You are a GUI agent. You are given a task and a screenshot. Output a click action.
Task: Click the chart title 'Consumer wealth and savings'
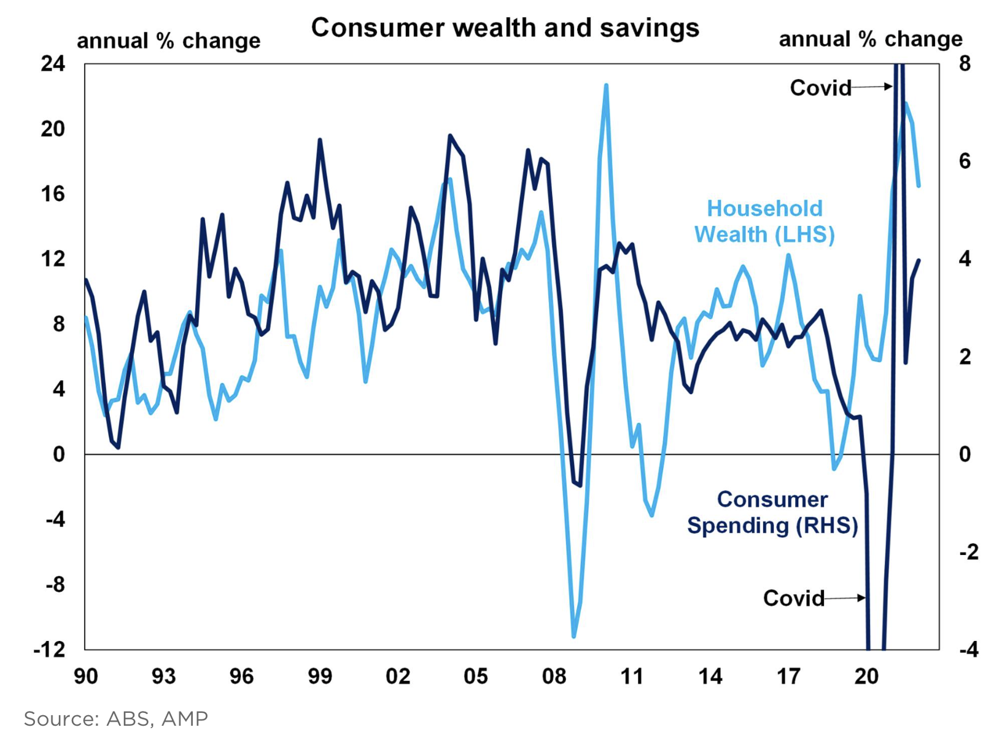(505, 28)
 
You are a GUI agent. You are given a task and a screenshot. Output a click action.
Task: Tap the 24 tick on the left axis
(53, 63)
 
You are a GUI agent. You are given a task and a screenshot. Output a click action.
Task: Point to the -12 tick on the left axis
(49, 649)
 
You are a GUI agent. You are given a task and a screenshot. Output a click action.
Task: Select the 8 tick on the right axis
(965, 63)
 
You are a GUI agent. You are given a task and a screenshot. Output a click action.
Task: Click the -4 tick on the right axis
(968, 649)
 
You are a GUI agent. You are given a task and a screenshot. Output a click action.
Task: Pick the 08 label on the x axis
(554, 676)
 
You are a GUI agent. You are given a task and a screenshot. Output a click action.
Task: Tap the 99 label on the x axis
(319, 676)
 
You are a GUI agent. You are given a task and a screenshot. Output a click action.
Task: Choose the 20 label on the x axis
(866, 676)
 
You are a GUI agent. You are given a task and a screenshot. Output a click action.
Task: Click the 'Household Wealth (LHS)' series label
(764, 222)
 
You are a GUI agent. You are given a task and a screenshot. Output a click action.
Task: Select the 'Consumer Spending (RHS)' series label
(772, 513)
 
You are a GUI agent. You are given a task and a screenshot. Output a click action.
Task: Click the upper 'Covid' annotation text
(820, 88)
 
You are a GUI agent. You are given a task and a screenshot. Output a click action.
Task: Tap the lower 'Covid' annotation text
(793, 598)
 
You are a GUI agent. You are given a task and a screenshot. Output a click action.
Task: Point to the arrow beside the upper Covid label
(872, 87)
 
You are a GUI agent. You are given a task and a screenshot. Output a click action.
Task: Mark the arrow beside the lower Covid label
(846, 597)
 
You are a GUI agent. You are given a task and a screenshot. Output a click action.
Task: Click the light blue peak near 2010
(606, 85)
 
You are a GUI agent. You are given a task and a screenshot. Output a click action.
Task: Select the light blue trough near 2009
(574, 636)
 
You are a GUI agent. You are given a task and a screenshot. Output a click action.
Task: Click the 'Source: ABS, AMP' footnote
(115, 718)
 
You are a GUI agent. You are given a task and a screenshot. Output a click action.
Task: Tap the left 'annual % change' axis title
(168, 41)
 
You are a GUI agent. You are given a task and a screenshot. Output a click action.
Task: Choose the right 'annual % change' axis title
(871, 39)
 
